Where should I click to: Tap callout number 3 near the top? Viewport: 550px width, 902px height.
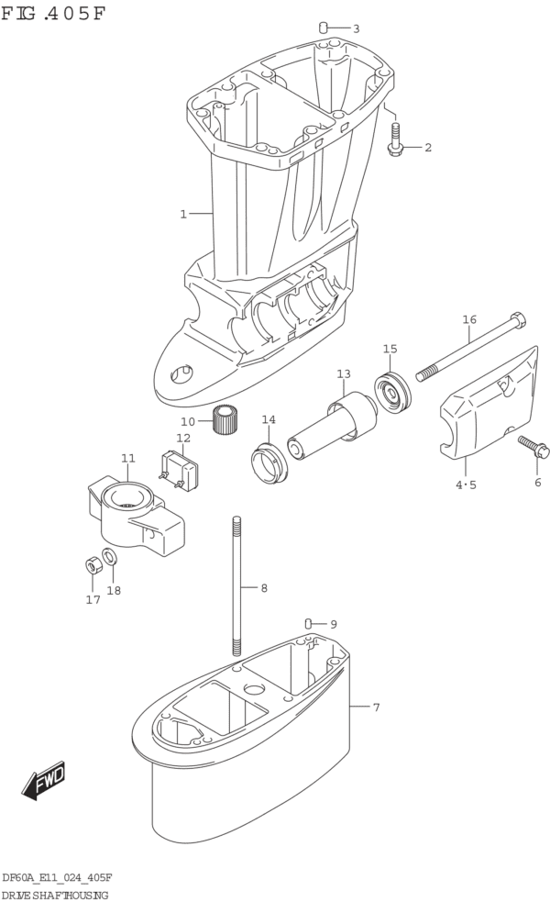coord(356,28)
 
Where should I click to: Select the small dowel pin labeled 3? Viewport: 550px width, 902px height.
coord(324,28)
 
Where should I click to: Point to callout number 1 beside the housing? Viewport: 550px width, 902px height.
coord(183,215)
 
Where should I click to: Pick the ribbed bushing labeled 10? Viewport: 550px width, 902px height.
coord(225,420)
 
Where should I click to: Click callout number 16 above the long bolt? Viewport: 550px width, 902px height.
coord(469,320)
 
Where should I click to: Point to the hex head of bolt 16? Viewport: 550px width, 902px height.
coord(517,321)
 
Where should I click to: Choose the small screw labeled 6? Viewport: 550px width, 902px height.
coord(531,447)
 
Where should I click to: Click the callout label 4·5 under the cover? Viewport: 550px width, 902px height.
coord(466,485)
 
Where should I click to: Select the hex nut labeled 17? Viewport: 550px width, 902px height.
coord(92,565)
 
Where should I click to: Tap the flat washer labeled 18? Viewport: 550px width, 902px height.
coord(109,556)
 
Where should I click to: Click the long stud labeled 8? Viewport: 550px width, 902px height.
coord(236,587)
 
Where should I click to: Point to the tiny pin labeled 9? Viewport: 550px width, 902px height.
coord(309,623)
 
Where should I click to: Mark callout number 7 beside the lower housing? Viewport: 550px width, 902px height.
coord(376,707)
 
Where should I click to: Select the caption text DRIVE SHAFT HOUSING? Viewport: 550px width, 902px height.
coord(56,894)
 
